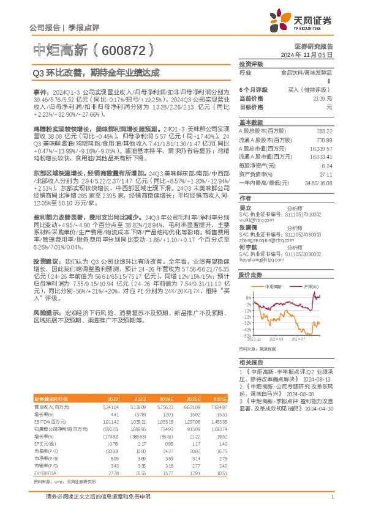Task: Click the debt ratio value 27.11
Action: tap(327, 174)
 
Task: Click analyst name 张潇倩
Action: tap(247, 226)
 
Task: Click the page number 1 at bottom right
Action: tap(332, 505)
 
